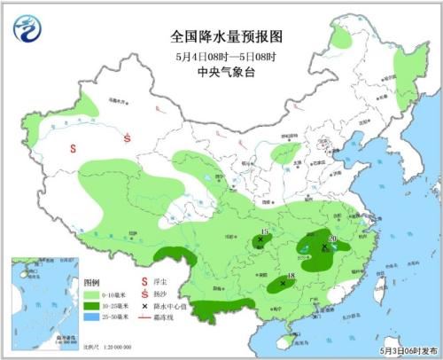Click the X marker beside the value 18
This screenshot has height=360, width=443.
[283, 284]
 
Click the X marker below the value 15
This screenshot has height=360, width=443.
[260, 239]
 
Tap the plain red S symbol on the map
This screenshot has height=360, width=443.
[74, 147]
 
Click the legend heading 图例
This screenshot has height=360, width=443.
[91, 281]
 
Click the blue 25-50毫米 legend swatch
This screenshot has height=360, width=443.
[89, 316]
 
